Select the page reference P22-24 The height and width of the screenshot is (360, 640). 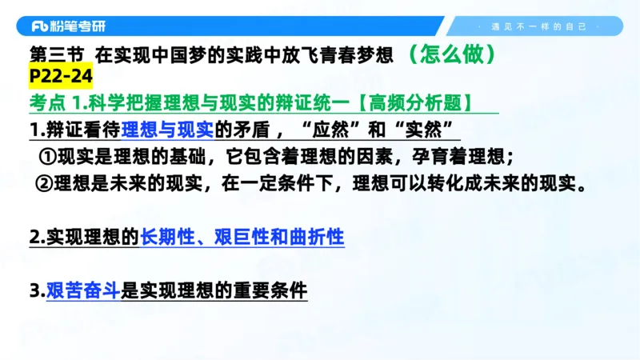coord(60,77)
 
